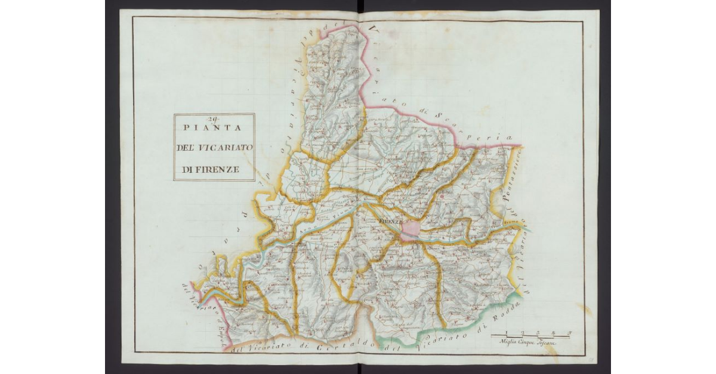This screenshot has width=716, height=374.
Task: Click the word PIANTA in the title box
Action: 211,128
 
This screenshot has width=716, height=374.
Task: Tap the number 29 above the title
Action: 214,118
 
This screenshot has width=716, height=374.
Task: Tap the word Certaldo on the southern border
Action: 337,347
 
